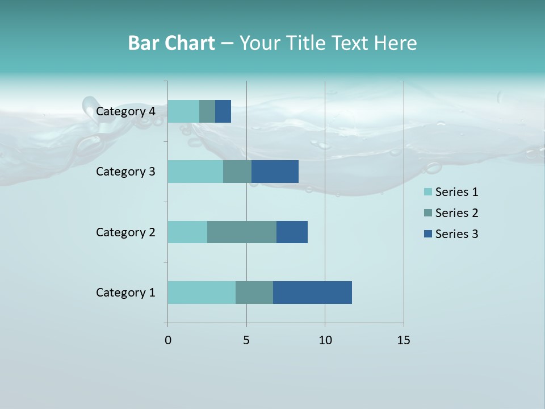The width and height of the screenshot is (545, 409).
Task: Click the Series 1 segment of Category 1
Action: [202, 293]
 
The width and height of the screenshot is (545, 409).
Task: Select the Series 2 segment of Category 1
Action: [254, 293]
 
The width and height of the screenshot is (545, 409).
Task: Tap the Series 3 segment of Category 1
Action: [312, 293]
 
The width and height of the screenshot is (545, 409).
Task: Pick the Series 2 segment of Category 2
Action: [242, 232]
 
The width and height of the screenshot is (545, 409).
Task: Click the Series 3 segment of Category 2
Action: [292, 232]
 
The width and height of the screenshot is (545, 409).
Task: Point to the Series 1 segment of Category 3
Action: [195, 172]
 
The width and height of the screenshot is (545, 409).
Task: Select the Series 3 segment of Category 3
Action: [275, 172]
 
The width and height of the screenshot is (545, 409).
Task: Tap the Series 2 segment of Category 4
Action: [207, 111]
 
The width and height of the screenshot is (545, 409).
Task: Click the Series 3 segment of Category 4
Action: [223, 111]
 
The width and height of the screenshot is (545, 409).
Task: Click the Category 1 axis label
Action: [125, 293]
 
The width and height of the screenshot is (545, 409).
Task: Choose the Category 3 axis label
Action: [125, 172]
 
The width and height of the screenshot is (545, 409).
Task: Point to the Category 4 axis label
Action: [125, 111]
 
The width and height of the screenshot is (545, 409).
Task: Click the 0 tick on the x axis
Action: [167, 340]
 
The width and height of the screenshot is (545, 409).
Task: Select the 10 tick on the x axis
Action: [325, 340]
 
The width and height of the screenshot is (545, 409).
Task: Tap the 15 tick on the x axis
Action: [403, 340]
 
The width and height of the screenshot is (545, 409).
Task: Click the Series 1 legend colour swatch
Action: [428, 192]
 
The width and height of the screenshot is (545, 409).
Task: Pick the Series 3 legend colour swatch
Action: [428, 234]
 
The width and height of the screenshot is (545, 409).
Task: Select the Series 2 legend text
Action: [456, 213]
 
